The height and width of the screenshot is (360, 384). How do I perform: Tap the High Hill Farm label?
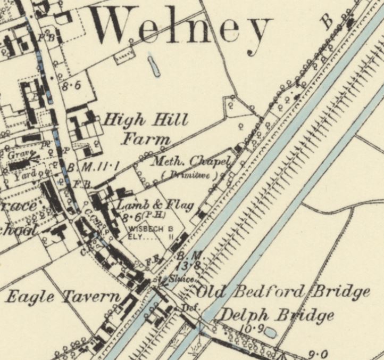point(145,129)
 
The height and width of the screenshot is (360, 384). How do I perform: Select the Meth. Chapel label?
point(190,161)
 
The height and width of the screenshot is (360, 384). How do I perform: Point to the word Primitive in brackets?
point(190,174)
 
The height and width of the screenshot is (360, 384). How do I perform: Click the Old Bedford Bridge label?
point(283,292)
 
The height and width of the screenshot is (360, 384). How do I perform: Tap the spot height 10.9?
point(248,330)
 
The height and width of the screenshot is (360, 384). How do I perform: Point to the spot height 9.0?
point(319,353)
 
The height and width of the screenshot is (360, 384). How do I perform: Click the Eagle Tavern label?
point(63,297)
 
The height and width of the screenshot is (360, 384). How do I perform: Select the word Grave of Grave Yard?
point(20,154)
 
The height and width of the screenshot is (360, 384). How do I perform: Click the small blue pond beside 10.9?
point(270,333)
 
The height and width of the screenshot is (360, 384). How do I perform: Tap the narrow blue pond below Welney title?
point(154,66)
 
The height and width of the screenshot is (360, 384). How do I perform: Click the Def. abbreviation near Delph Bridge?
point(187,307)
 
